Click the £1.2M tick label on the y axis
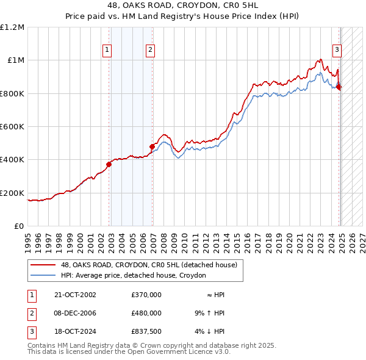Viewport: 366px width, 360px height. pos(12,27)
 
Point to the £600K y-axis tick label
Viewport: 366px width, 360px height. pos(12,127)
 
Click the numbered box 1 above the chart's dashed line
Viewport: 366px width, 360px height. pos(107,51)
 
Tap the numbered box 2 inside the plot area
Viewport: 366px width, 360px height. pos(149,51)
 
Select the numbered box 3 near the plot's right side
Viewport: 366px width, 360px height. pos(336,51)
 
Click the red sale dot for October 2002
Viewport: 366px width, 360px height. pos(109,164)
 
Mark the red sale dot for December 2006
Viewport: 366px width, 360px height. pos(152,146)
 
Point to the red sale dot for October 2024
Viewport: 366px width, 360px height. pos(339,87)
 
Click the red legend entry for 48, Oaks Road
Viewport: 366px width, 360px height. pos(149,265)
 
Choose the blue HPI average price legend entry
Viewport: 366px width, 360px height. pos(133,275)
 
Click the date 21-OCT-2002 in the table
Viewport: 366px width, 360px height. pos(75,295)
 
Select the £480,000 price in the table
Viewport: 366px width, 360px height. pos(146,313)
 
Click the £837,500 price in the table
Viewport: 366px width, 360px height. pos(146,331)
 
